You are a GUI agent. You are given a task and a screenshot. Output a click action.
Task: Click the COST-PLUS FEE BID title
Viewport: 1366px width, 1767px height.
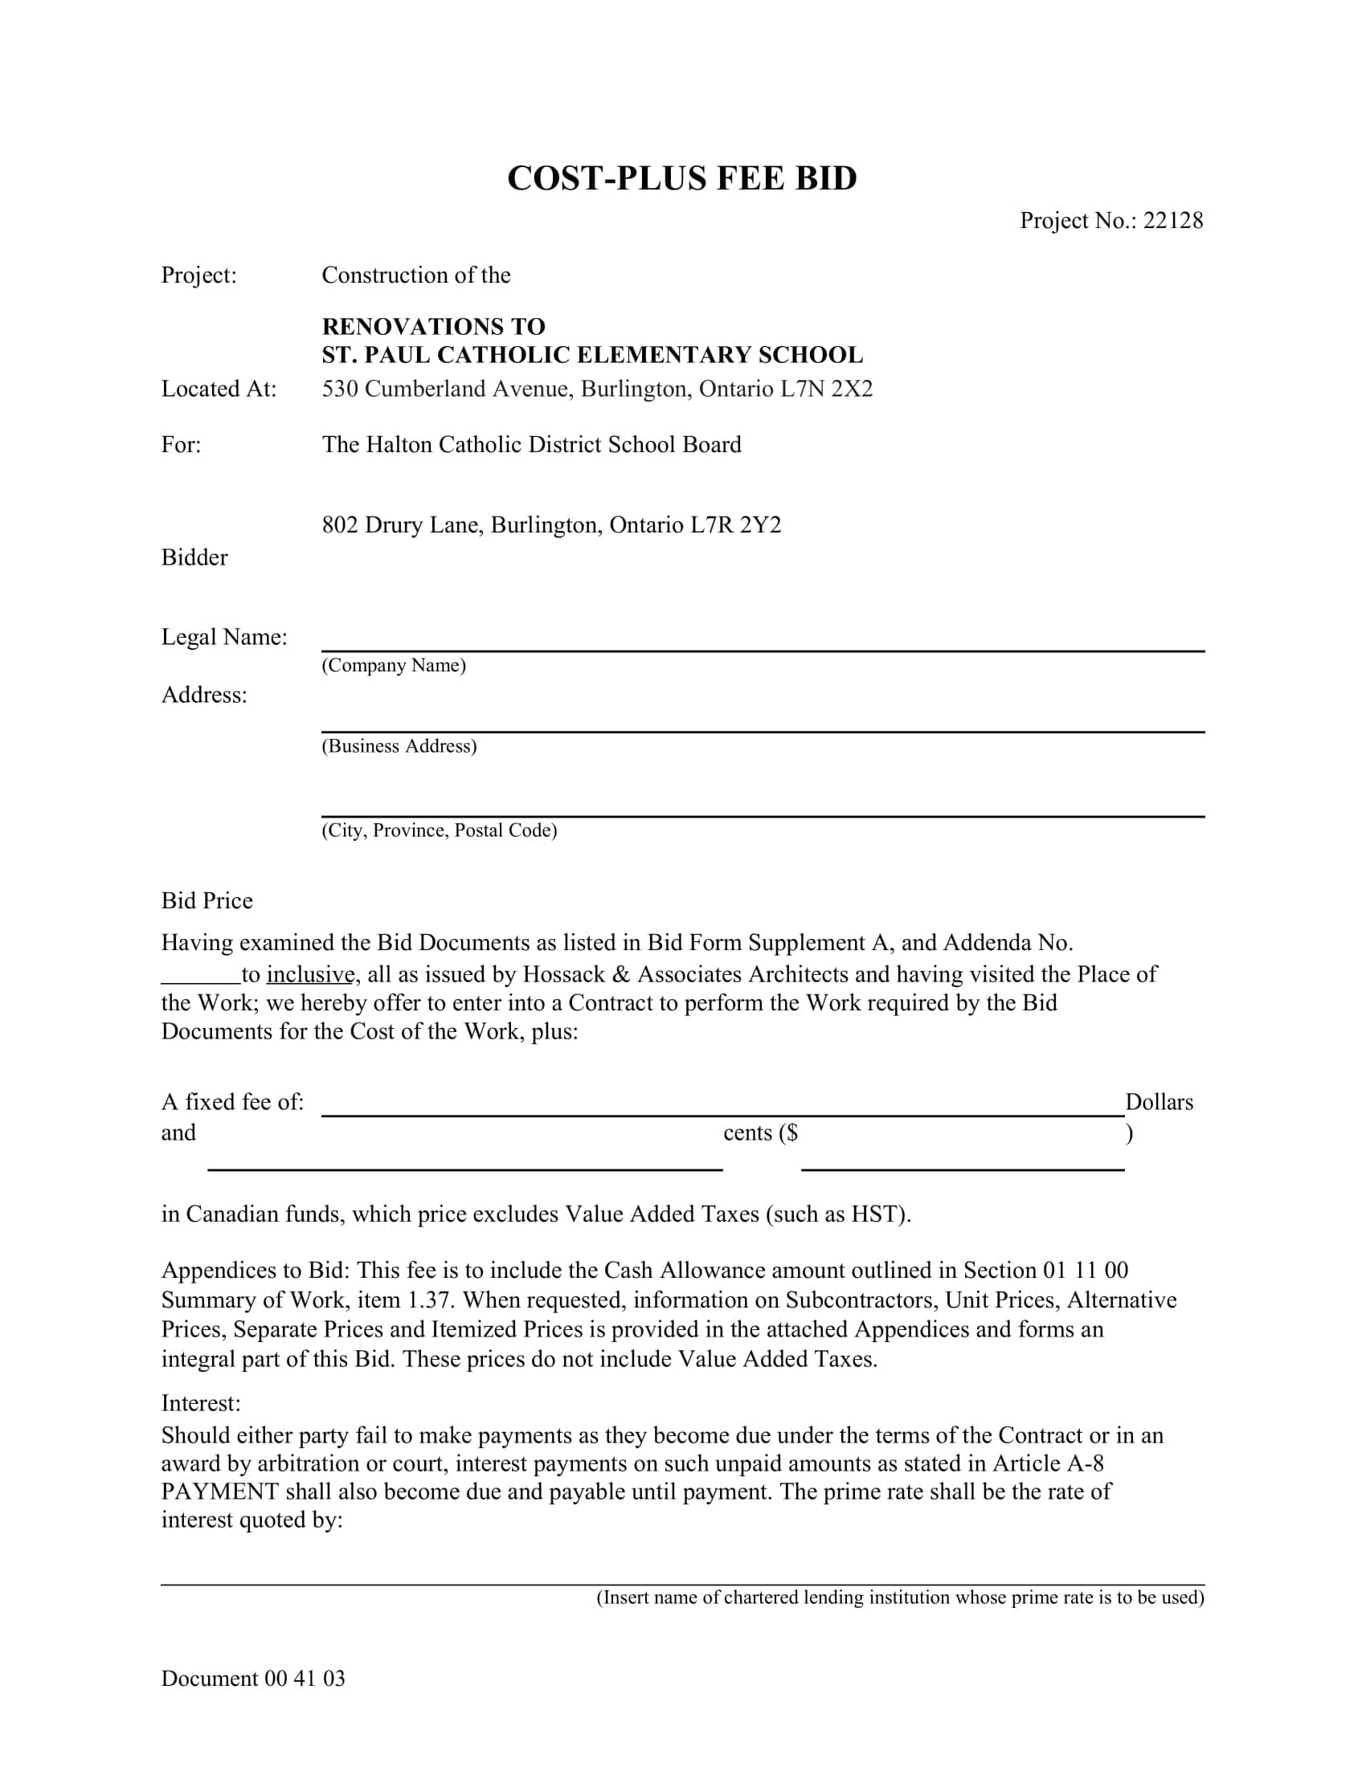pos(681,179)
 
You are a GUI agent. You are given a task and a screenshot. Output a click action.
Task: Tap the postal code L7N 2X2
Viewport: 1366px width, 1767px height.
pos(826,390)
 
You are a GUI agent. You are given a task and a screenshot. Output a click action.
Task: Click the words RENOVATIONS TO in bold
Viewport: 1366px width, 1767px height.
pos(434,327)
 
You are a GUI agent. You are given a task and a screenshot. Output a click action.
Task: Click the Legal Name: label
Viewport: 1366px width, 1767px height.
pos(224,638)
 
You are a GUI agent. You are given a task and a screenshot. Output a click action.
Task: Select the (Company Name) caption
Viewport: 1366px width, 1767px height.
pos(393,665)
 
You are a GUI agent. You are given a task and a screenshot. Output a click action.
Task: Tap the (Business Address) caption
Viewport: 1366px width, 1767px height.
pos(399,746)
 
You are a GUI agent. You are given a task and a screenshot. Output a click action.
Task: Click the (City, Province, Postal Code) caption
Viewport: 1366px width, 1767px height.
pos(440,830)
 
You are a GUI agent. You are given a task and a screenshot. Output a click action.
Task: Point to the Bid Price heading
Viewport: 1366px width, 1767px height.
pos(207,901)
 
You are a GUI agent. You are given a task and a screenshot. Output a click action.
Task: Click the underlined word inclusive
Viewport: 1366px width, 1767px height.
pos(311,974)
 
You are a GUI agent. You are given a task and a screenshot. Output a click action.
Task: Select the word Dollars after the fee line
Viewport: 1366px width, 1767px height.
pos(1159,1103)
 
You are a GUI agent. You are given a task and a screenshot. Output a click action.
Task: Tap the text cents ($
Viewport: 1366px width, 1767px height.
pos(760,1133)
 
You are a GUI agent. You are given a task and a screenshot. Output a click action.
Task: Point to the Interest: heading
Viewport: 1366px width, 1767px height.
pos(201,1403)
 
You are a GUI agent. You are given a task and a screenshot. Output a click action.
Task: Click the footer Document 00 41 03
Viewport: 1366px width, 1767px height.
pos(252,1679)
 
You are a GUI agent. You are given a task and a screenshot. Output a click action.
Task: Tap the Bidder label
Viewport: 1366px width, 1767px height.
pos(194,557)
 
